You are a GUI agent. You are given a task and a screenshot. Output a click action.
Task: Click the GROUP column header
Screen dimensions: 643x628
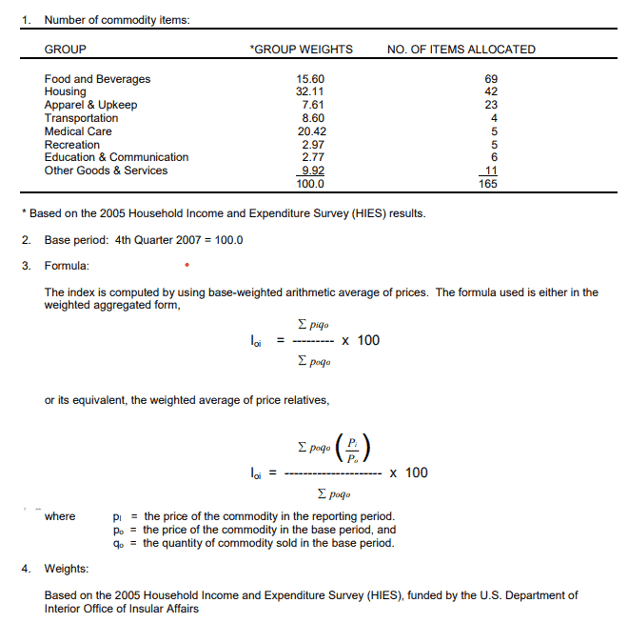[x=65, y=50]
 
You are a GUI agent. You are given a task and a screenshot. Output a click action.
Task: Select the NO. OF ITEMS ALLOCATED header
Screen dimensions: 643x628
[x=461, y=50]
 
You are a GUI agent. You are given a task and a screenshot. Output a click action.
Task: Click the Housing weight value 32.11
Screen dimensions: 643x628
[x=311, y=91]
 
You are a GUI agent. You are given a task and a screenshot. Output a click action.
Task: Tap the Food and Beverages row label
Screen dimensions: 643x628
[x=97, y=79]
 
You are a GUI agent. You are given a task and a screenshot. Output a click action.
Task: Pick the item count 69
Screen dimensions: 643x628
[x=491, y=79]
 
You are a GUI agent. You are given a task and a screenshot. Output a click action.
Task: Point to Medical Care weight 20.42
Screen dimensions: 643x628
[x=311, y=131]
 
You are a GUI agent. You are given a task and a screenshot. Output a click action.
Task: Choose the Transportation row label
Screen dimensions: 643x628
[x=81, y=118]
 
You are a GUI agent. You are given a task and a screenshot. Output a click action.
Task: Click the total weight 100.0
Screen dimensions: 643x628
[x=311, y=184]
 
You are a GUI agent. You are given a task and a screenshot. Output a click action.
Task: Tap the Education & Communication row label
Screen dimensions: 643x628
[x=116, y=157]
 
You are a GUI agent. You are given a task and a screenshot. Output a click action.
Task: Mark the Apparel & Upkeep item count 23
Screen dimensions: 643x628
[x=491, y=105]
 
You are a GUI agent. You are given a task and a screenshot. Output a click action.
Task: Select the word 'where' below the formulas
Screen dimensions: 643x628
[x=60, y=516]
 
